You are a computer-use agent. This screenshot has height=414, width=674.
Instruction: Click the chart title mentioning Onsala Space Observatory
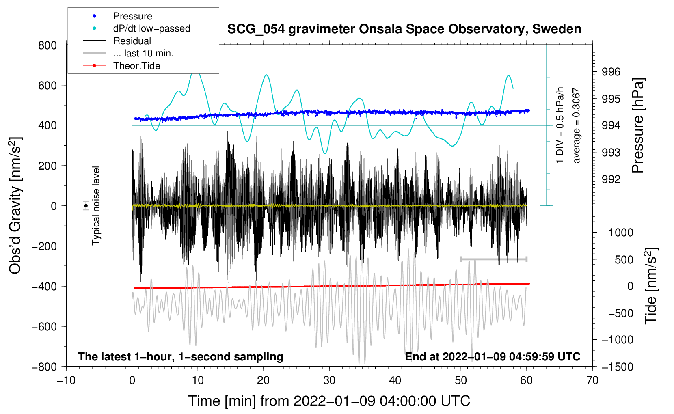pyautogui.click(x=404, y=29)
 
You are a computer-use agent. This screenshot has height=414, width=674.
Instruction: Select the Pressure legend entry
pyautogui.click(x=132, y=16)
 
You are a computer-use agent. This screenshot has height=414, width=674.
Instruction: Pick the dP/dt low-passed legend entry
pyautogui.click(x=151, y=28)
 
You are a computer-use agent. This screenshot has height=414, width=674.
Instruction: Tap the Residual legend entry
pyautogui.click(x=132, y=41)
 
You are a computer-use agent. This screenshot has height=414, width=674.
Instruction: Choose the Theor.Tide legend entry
pyautogui.click(x=136, y=66)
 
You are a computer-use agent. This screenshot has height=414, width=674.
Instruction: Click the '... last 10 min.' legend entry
pyautogui.click(x=143, y=53)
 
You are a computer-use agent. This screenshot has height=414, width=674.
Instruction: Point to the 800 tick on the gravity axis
pyautogui.click(x=48, y=45)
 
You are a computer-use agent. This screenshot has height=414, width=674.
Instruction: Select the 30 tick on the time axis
pyautogui.click(x=329, y=380)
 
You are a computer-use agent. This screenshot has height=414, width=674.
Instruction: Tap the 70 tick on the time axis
pyautogui.click(x=592, y=380)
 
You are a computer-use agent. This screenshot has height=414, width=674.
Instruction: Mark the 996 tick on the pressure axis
pyautogui.click(x=611, y=72)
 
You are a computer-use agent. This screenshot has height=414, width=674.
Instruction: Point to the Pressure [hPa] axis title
pyautogui.click(x=638, y=126)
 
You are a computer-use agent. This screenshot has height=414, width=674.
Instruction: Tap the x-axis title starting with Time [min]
pyautogui.click(x=329, y=401)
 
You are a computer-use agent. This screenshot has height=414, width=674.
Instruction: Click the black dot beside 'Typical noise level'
pyautogui.click(x=86, y=206)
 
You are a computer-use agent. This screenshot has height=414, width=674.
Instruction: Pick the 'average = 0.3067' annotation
pyautogui.click(x=577, y=126)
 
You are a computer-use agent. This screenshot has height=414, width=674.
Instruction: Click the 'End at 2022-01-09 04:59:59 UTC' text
pyautogui.click(x=493, y=356)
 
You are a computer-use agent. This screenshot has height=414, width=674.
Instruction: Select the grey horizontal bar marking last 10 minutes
pyautogui.click(x=493, y=259)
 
